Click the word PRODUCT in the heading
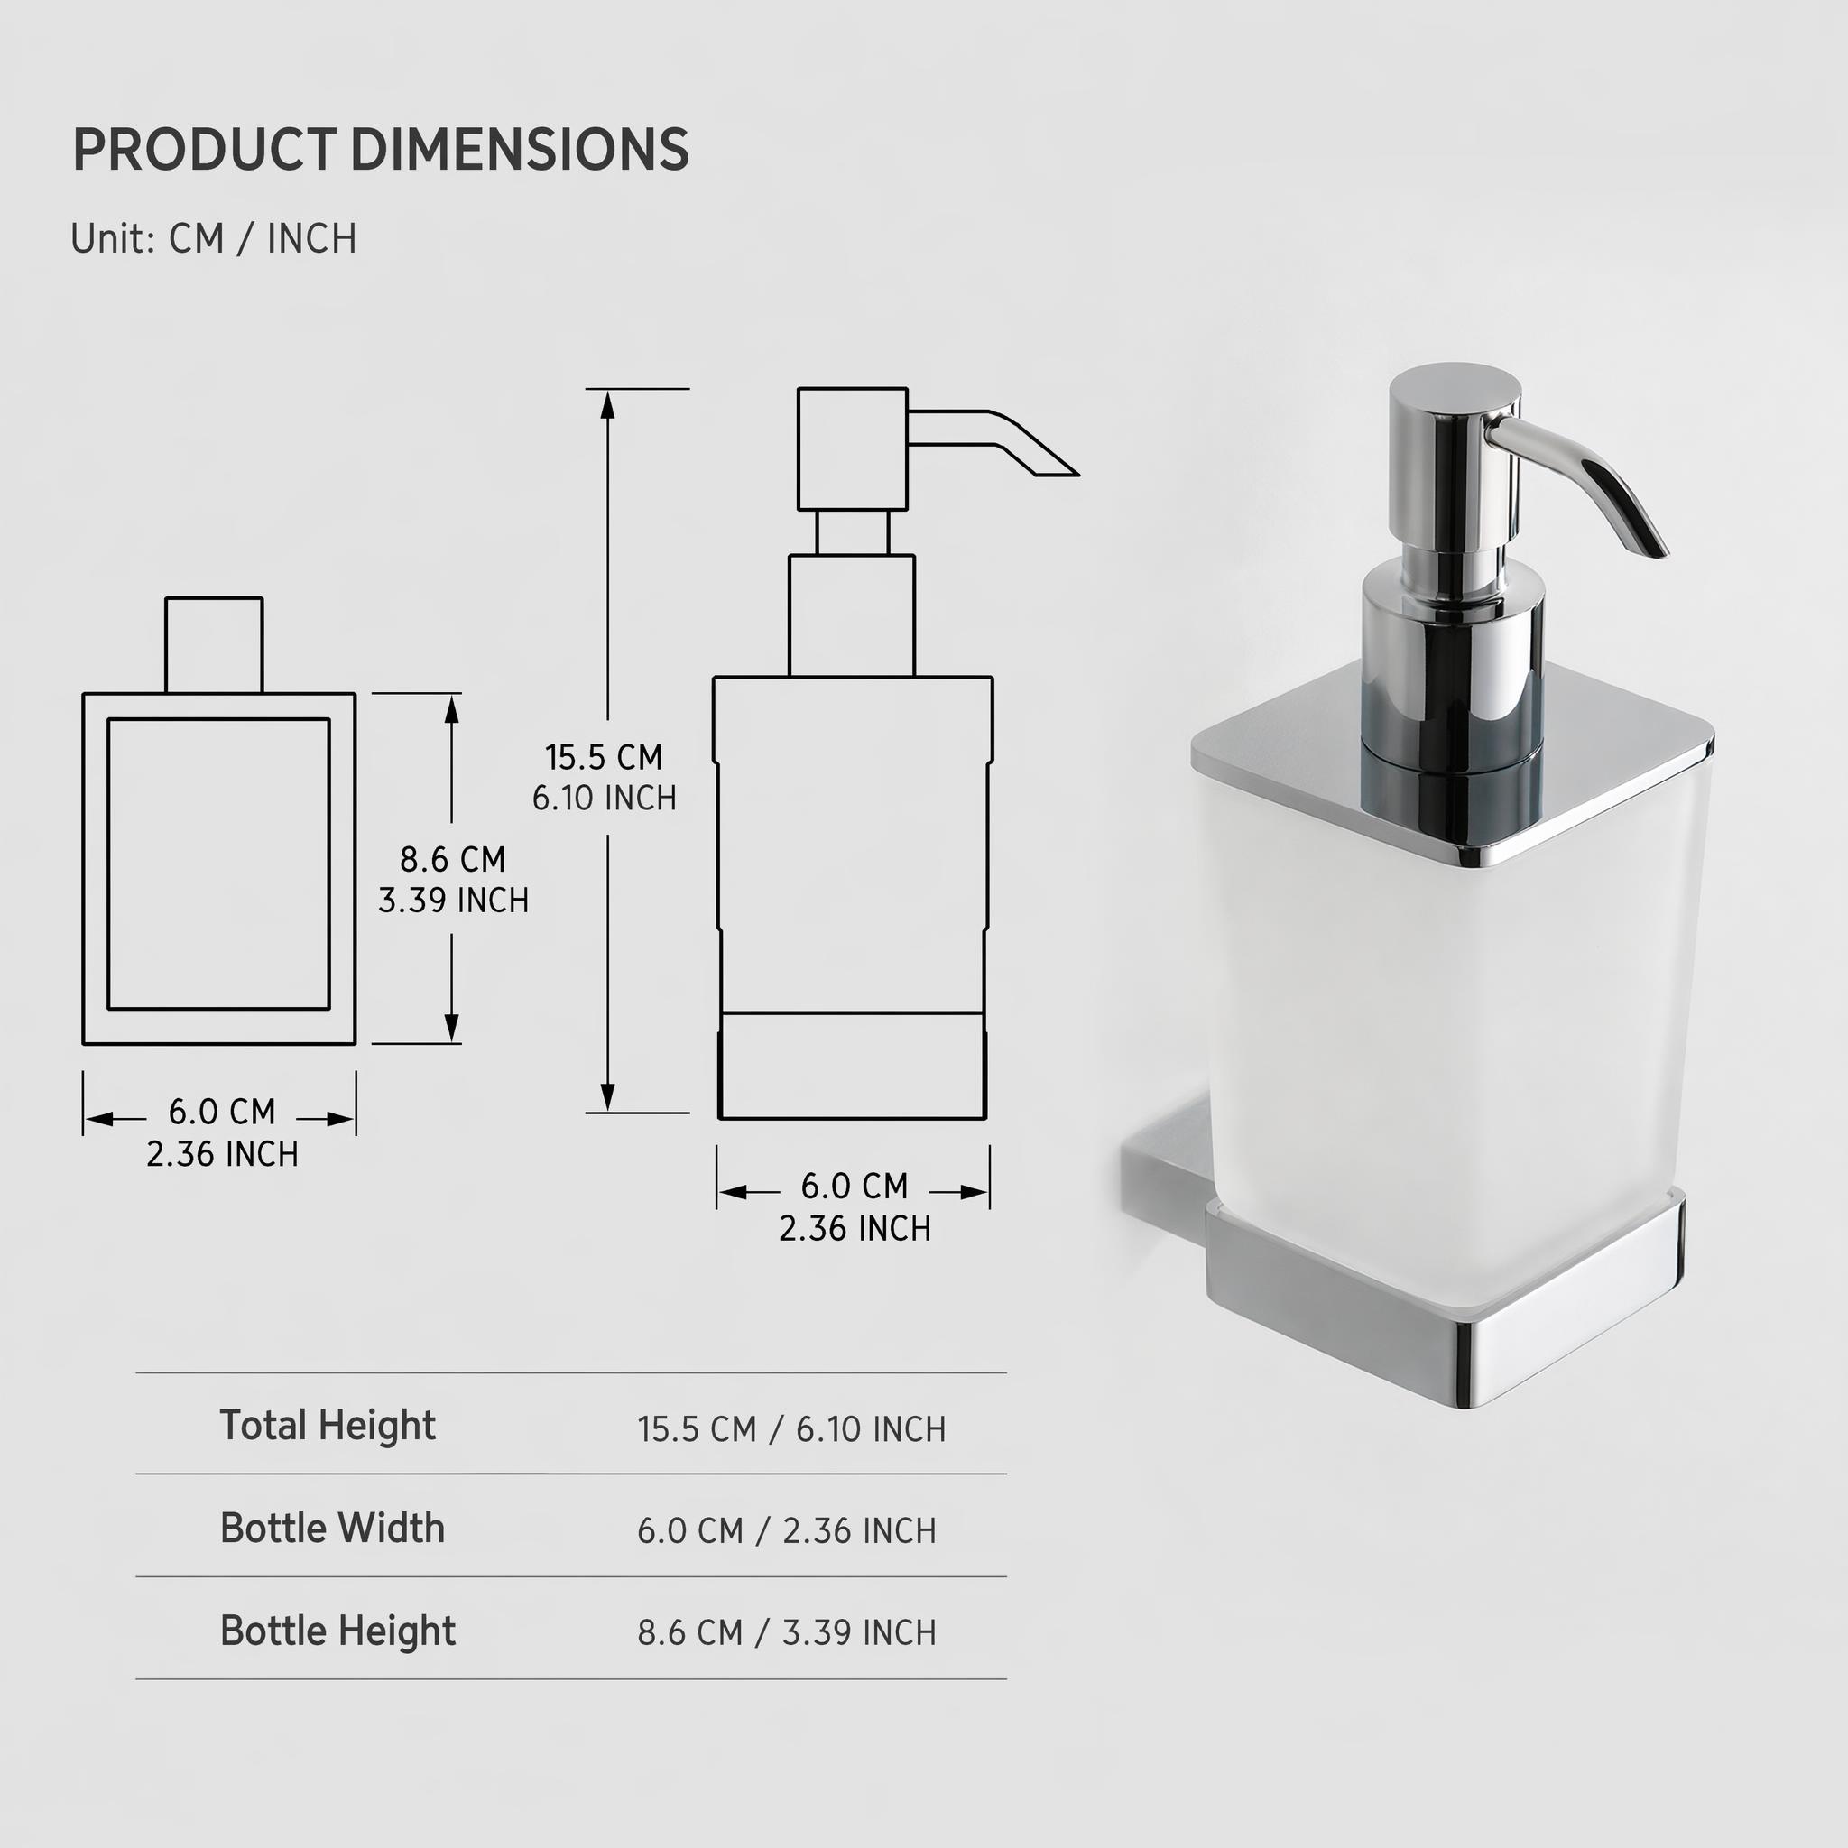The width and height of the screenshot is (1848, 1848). tap(204, 149)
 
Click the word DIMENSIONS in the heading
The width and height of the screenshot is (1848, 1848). tap(520, 149)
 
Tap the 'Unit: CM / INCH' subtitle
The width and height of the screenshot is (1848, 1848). tap(213, 238)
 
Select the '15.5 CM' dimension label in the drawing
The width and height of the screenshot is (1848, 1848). tap(604, 758)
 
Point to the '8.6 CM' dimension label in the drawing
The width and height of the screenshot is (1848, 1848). tap(452, 859)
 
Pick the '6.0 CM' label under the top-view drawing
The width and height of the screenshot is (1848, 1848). tap(222, 1112)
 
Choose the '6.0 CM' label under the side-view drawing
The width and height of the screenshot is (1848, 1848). tap(855, 1186)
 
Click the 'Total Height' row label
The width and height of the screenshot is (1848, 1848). tap(328, 1425)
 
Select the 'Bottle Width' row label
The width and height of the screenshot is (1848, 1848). tap(332, 1529)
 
